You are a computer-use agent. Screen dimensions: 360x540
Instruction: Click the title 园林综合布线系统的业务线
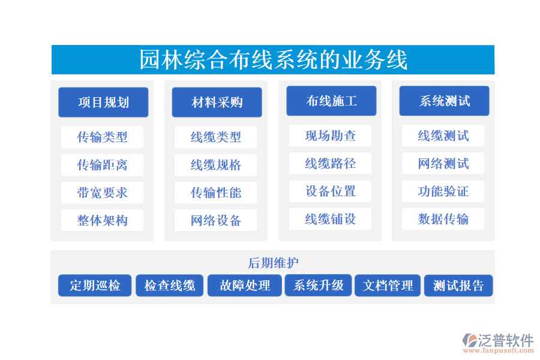pyautogui.click(x=273, y=60)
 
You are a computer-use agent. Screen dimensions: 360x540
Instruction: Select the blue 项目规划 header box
pyautogui.click(x=103, y=102)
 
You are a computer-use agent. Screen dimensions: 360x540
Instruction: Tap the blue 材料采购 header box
pyautogui.click(x=217, y=102)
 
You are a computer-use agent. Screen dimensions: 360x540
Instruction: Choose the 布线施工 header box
pyautogui.click(x=331, y=101)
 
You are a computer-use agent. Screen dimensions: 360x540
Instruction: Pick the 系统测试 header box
pyautogui.click(x=444, y=101)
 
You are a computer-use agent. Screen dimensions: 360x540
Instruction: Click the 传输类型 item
pyautogui.click(x=102, y=137)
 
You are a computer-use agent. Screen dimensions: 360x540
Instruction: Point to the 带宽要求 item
pyautogui.click(x=102, y=193)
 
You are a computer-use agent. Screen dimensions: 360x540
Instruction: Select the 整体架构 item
pyautogui.click(x=102, y=220)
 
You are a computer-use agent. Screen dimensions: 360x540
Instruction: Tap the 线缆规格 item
pyautogui.click(x=215, y=165)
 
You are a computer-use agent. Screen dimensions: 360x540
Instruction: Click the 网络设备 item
pyautogui.click(x=215, y=220)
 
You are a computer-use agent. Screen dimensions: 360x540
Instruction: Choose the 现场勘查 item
pyautogui.click(x=330, y=136)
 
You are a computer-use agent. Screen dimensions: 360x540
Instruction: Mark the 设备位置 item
pyautogui.click(x=330, y=191)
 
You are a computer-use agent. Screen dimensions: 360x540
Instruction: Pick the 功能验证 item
pyautogui.click(x=443, y=191)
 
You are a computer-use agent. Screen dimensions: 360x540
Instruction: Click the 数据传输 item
pyautogui.click(x=443, y=219)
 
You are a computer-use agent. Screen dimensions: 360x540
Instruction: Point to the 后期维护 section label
pyautogui.click(x=273, y=263)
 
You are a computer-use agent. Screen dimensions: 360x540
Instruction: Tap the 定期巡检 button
pyautogui.click(x=95, y=286)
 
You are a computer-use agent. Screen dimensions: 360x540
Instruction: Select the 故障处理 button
pyautogui.click(x=245, y=286)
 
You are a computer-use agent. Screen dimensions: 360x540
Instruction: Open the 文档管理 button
pyautogui.click(x=388, y=286)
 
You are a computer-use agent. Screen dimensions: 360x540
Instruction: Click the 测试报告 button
pyautogui.click(x=458, y=286)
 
